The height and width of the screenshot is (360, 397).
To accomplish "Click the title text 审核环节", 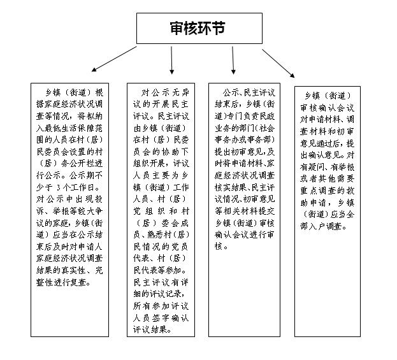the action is pyautogui.click(x=198, y=28).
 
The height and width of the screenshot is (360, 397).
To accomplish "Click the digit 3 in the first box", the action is pyautogui.click(x=59, y=187).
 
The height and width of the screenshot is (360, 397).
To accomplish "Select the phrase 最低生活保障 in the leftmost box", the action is pyautogui.click(x=69, y=128).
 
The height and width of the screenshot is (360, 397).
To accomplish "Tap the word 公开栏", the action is pyautogui.click(x=82, y=164).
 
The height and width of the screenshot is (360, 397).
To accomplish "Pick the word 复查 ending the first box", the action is pyautogui.click(x=78, y=282).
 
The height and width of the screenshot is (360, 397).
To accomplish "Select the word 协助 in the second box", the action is pyautogui.click(x=166, y=152).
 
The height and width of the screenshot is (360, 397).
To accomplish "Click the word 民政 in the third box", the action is pyautogui.click(x=266, y=116).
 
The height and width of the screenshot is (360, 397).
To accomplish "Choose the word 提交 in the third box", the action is pyautogui.click(x=266, y=211).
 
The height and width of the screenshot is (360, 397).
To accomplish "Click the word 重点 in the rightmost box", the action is pyautogui.click(x=309, y=191).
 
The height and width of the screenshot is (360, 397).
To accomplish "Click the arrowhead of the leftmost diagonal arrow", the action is pyautogui.click(x=94, y=69).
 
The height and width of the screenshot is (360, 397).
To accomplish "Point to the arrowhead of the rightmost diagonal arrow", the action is pyautogui.click(x=292, y=75).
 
